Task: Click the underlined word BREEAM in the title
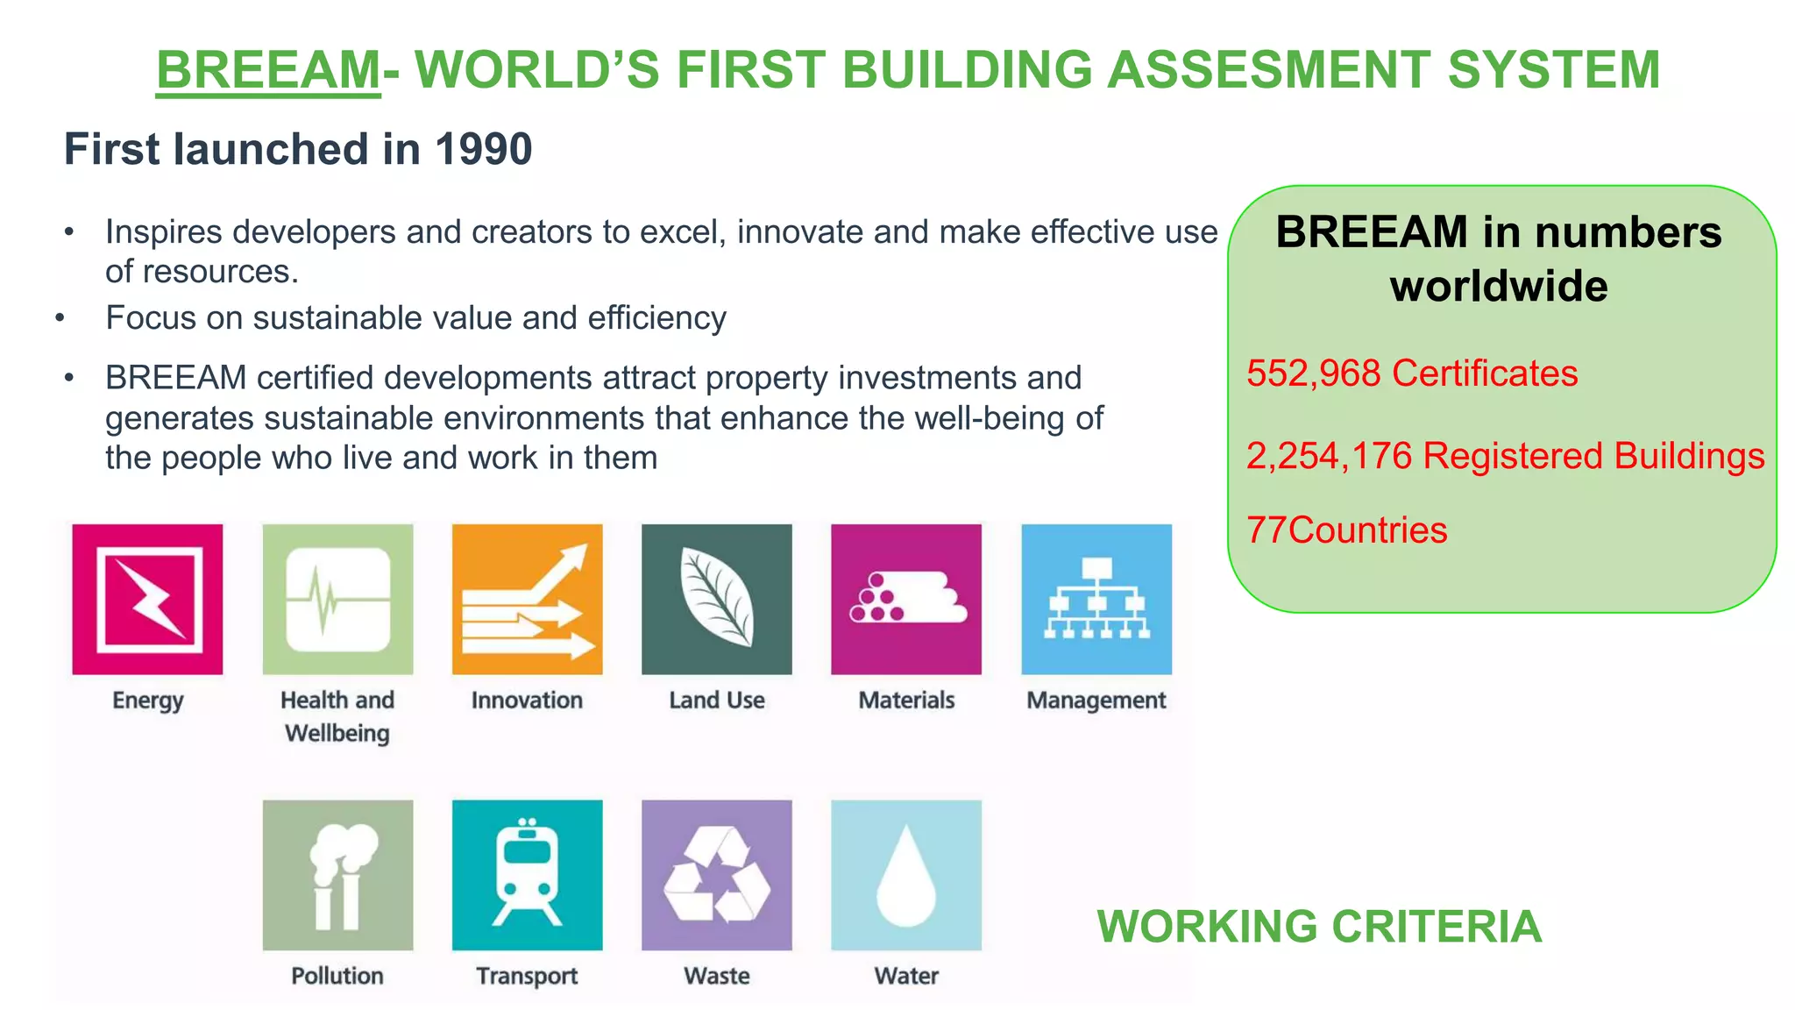tap(268, 69)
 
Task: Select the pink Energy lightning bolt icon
tap(147, 600)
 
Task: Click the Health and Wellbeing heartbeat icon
tap(337, 600)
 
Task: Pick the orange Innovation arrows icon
tap(527, 600)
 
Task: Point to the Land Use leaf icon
tap(717, 600)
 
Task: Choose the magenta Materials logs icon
tap(906, 600)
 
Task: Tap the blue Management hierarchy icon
tap(1096, 600)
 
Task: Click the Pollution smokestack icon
tap(337, 875)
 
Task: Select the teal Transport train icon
tap(527, 875)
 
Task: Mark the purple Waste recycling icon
tap(717, 875)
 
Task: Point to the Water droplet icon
tap(906, 875)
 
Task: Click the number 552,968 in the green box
tap(1314, 373)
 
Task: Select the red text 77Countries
tap(1346, 530)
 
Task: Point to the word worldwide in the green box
tap(1499, 287)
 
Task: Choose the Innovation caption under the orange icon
tap(527, 701)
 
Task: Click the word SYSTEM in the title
tap(1554, 69)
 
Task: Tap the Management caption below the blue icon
tap(1096, 701)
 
